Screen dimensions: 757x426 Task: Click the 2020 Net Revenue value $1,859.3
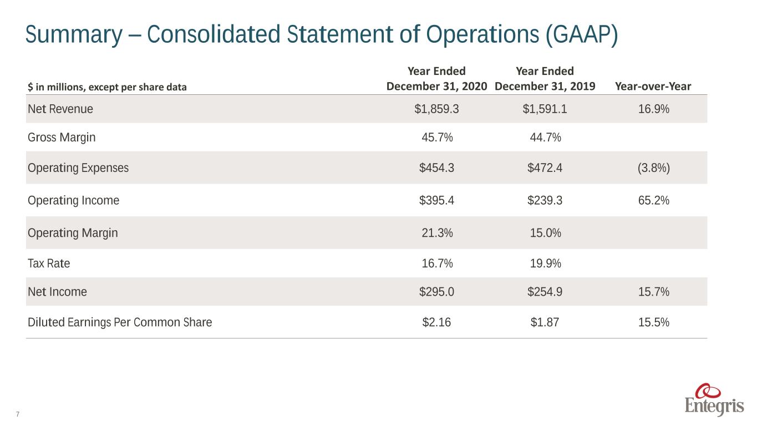(x=436, y=109)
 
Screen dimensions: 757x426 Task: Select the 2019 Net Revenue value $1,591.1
(x=545, y=109)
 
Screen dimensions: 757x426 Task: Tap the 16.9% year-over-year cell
(x=654, y=109)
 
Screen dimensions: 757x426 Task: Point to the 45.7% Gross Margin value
(x=437, y=137)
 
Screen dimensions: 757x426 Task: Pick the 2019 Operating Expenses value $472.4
(x=545, y=168)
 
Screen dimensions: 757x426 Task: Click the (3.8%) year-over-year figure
(x=654, y=168)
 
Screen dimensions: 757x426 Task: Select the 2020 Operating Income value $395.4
(x=436, y=200)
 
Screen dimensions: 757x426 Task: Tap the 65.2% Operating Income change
(x=654, y=200)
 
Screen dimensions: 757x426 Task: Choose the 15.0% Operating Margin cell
(x=546, y=232)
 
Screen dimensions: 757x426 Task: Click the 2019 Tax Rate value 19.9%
(x=546, y=263)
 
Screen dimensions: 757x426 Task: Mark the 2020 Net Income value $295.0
(x=436, y=291)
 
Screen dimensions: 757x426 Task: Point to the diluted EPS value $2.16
(x=436, y=322)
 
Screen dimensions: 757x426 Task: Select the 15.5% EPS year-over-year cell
(x=654, y=322)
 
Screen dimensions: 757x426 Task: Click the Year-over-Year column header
(x=653, y=87)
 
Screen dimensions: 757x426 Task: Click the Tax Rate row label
(x=49, y=263)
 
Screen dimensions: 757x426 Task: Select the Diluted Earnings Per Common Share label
(x=120, y=322)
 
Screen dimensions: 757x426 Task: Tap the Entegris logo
(x=714, y=400)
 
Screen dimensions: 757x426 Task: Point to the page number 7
(x=18, y=414)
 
